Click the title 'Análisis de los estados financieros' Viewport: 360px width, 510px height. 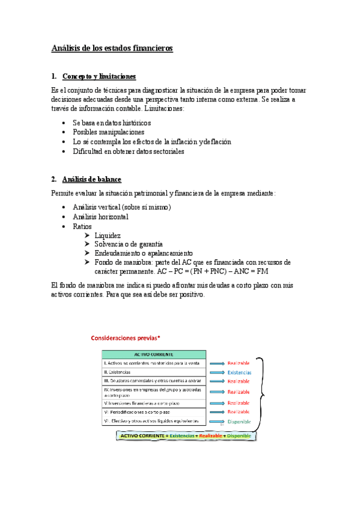[x=112, y=48]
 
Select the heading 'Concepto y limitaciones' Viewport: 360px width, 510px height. [x=99, y=76]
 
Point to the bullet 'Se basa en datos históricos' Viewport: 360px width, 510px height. [x=111, y=123]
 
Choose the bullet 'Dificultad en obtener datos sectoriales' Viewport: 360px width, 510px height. [x=128, y=152]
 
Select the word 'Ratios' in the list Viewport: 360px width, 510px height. [x=82, y=226]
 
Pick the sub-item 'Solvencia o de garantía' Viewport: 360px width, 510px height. [x=128, y=244]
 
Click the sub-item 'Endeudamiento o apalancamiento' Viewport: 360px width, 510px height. [x=143, y=253]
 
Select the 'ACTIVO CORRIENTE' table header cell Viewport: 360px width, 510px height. [x=154, y=354]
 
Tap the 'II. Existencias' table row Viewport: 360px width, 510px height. [x=154, y=372]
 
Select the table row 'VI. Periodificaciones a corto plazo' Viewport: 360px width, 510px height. [x=154, y=412]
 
